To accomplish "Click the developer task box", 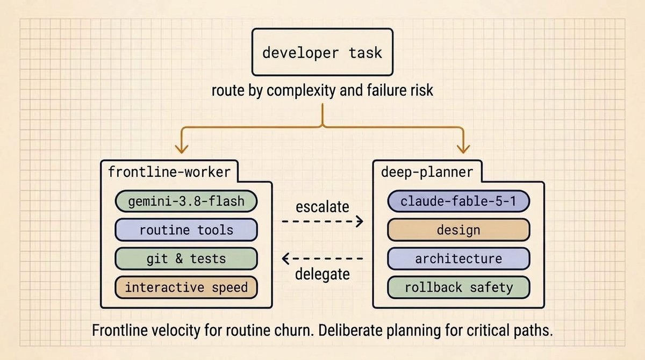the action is click(x=322, y=52).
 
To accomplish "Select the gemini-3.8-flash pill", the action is click(x=186, y=201).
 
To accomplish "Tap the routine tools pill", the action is click(x=186, y=230).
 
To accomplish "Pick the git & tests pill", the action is click(x=186, y=258).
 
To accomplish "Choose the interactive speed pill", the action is click(x=186, y=287).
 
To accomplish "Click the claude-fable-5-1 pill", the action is click(x=458, y=201).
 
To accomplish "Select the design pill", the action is click(x=458, y=230).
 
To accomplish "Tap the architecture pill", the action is click(x=458, y=258).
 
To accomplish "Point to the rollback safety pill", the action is click(x=458, y=287).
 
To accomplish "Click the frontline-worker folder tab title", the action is click(x=169, y=172).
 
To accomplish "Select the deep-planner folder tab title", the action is click(x=427, y=172).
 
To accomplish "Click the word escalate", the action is click(x=322, y=207).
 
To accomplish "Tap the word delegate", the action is click(x=322, y=274).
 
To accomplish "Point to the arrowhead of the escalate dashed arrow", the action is click(x=360, y=221).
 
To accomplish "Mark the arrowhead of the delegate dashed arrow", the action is click(x=285, y=258).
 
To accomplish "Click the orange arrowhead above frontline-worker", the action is click(x=182, y=149).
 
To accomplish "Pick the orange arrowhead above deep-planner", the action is click(x=463, y=149).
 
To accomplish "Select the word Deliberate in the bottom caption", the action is click(x=350, y=330).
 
